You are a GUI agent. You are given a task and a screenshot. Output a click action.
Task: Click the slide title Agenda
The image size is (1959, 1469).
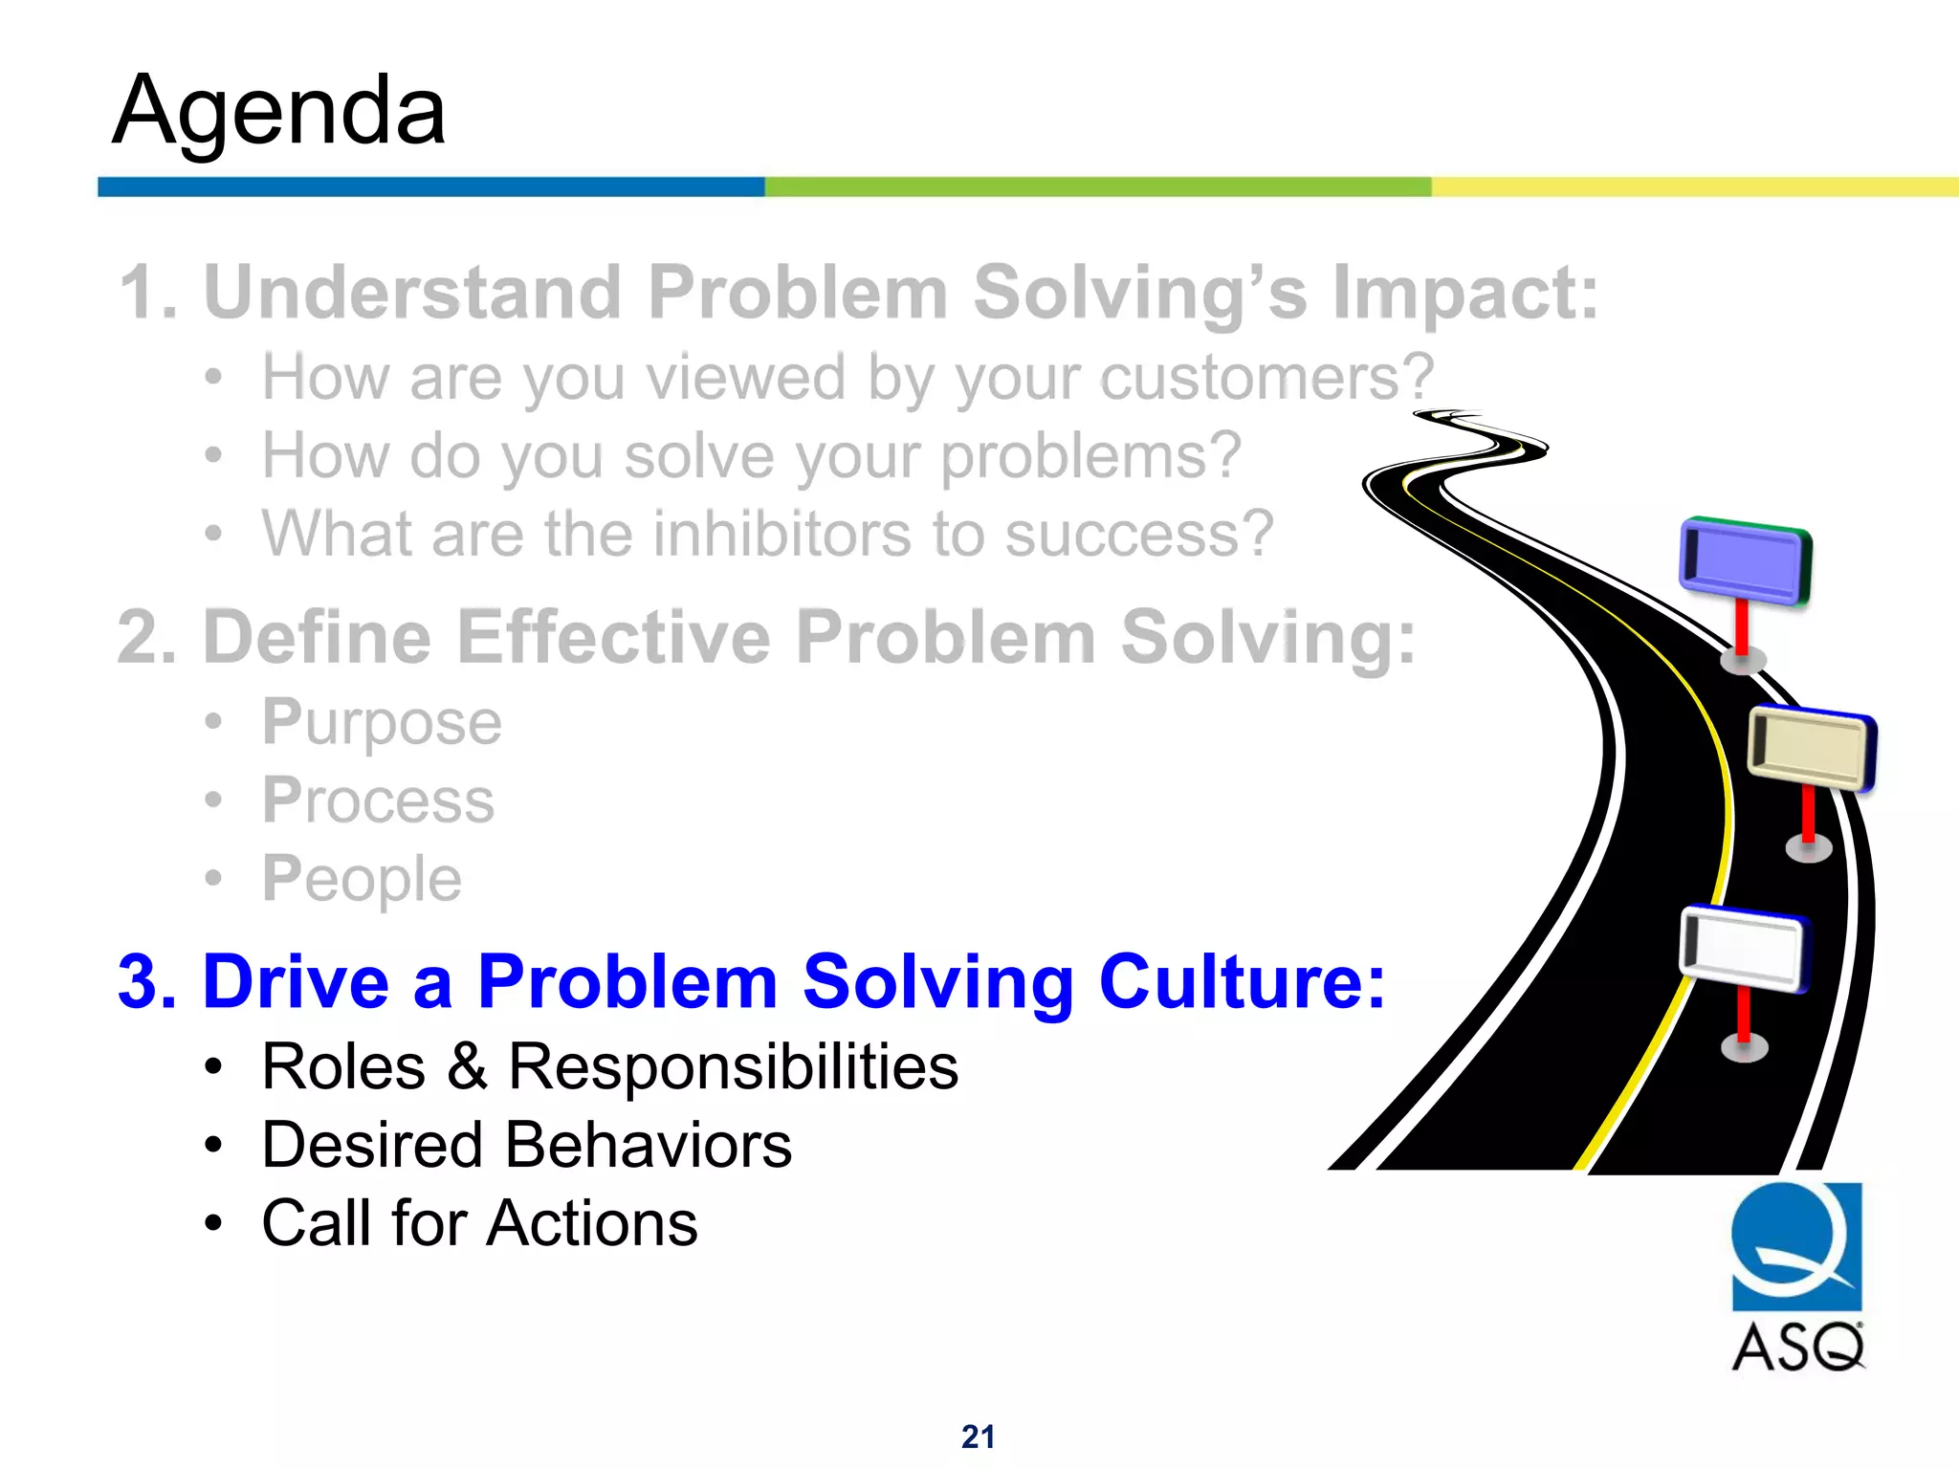(278, 112)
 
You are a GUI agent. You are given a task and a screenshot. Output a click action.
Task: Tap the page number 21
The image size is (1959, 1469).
(978, 1436)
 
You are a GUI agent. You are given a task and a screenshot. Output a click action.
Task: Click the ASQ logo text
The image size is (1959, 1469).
(1797, 1348)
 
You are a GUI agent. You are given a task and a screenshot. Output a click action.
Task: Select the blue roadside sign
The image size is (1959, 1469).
(1745, 563)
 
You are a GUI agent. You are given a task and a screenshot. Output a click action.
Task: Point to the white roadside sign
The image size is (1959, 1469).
(1742, 949)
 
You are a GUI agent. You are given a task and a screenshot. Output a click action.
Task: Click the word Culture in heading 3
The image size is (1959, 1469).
(1241, 981)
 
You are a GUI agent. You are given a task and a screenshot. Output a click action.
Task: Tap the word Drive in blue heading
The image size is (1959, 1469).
(296, 981)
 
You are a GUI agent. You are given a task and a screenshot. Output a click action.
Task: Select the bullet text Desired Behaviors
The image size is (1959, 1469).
(526, 1145)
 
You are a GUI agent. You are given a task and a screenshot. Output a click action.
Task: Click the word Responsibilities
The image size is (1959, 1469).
(733, 1066)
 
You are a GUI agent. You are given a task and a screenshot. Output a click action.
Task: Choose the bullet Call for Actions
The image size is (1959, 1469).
(479, 1223)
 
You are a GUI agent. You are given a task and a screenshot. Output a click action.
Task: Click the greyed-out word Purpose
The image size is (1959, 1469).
(382, 722)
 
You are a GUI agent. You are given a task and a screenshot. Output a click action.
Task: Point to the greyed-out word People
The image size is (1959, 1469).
(362, 879)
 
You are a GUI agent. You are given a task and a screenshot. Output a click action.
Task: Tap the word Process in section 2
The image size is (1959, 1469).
(378, 800)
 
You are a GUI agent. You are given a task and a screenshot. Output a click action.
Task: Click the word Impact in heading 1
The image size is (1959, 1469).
(1464, 292)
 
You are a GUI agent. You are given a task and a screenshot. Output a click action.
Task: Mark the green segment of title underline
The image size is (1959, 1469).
(1097, 186)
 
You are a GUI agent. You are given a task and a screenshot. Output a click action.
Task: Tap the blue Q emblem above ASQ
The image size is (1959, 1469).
(1796, 1245)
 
